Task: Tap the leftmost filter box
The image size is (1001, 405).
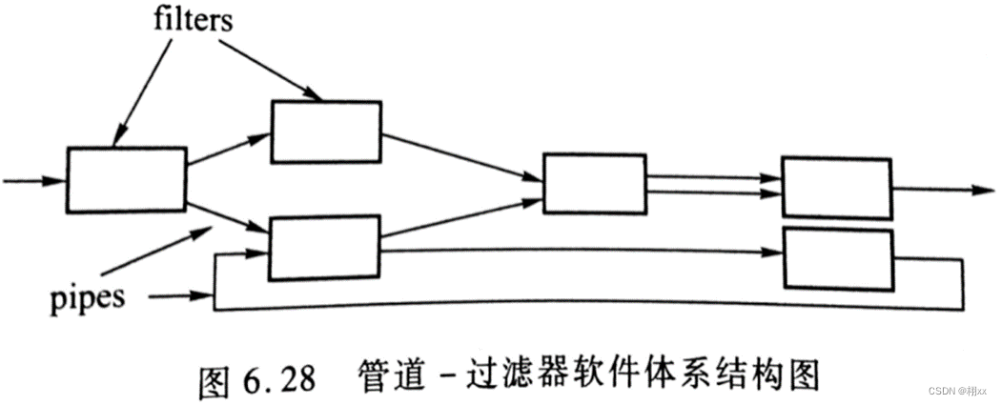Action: (127, 178)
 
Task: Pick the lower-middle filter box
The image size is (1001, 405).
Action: (325, 247)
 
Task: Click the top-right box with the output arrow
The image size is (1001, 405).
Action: (836, 187)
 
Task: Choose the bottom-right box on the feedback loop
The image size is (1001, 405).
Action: (837, 257)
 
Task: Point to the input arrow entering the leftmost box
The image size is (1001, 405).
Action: (33, 179)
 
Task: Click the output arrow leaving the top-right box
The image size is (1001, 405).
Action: (939, 189)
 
